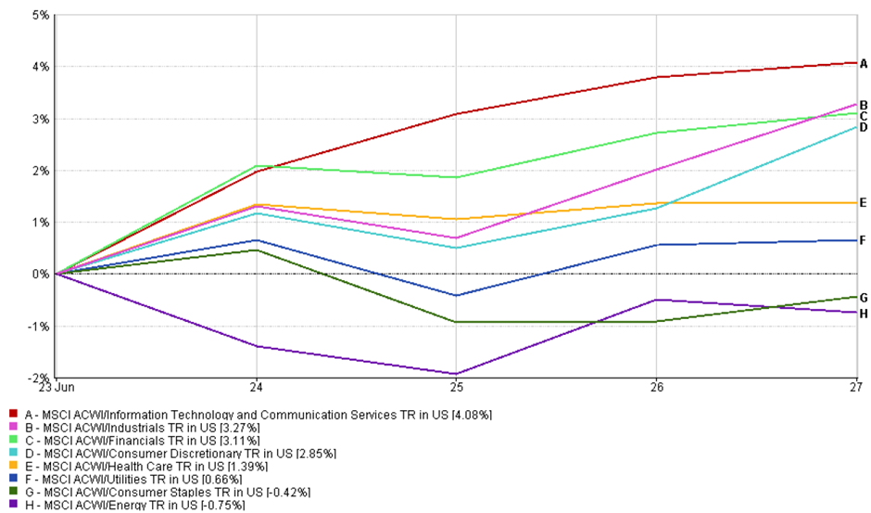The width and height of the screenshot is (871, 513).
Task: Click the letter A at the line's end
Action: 863,64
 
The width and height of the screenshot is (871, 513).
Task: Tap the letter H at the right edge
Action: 863,314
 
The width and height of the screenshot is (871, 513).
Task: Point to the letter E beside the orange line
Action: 863,203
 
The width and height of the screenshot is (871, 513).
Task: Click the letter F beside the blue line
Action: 863,240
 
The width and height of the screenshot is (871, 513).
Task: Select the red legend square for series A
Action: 12,414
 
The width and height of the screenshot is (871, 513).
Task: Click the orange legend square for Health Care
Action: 12,466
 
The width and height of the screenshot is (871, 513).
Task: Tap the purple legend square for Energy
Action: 12,506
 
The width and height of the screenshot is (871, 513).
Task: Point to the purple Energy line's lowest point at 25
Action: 455,374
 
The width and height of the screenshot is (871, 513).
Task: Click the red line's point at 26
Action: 655,77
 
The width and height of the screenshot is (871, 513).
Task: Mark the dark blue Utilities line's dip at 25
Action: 455,295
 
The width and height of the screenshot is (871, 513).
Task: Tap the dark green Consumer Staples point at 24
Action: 255,250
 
